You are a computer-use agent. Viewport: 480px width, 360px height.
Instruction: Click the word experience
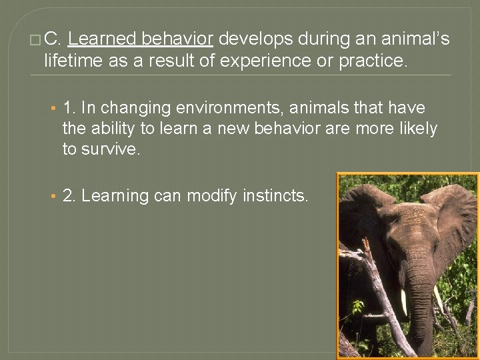tap(265, 62)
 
